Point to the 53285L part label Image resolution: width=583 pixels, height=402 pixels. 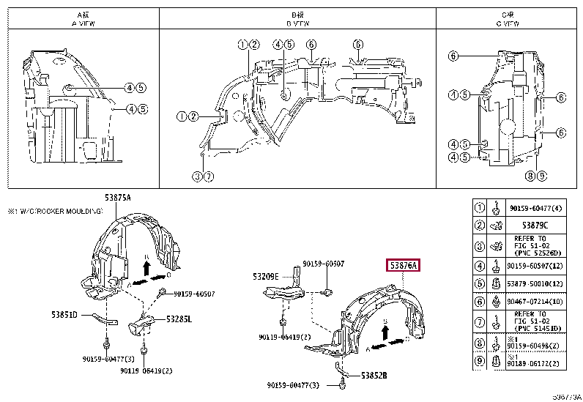click(x=177, y=319)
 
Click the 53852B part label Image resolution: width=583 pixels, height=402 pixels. click(x=374, y=376)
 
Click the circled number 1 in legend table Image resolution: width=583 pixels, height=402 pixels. click(x=480, y=207)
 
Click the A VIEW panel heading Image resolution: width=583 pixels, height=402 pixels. click(x=84, y=20)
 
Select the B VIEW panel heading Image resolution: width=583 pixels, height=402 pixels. click(x=299, y=20)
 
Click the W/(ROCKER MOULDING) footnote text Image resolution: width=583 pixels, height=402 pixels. click(x=59, y=211)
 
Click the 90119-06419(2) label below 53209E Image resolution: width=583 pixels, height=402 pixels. click(x=284, y=338)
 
